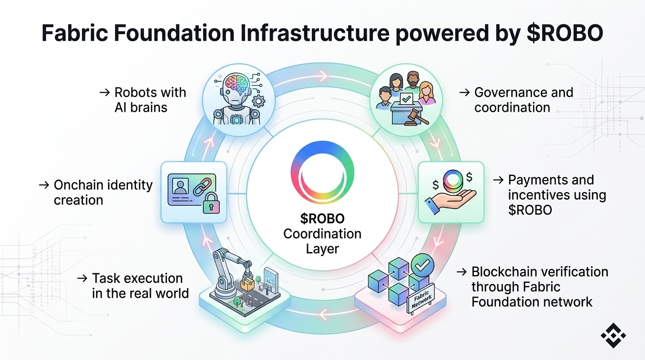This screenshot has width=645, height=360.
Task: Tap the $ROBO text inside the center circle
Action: tap(322, 218)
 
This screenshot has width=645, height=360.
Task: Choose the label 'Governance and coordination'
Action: tap(524, 100)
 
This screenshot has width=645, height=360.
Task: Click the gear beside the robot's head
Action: tap(258, 100)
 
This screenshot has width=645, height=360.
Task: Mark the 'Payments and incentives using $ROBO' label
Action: tap(557, 195)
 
